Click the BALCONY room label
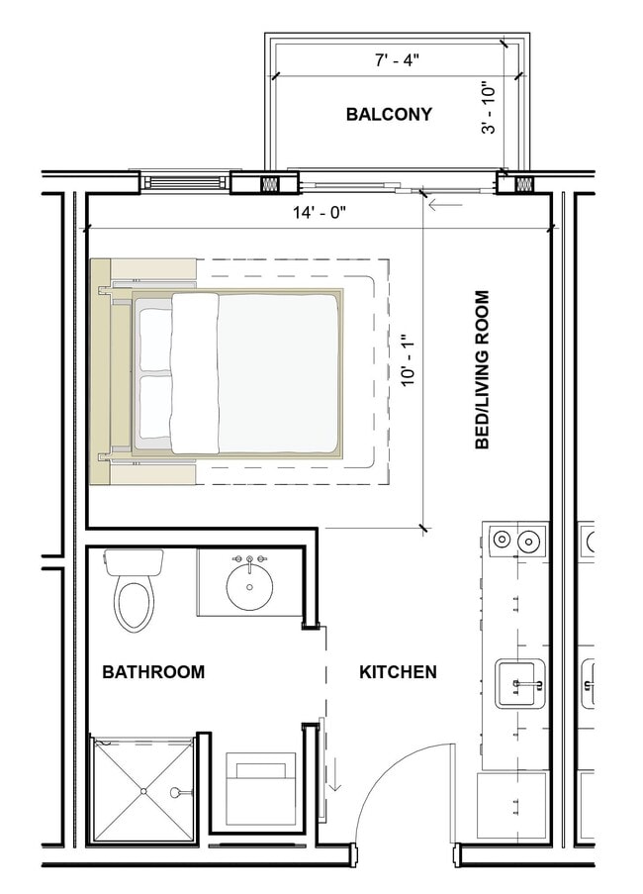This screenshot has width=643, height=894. point(389,114)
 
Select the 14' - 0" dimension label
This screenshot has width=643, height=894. point(319,212)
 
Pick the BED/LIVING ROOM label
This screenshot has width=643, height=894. point(483,369)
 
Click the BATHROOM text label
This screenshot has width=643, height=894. point(153,672)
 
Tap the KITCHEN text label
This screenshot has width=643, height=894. point(398,672)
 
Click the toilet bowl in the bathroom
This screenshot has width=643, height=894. point(133,602)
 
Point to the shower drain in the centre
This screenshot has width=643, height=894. point(143,790)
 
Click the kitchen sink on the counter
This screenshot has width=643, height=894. point(518,683)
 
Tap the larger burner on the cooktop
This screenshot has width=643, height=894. point(530,541)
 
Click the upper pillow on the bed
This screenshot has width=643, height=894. point(154,337)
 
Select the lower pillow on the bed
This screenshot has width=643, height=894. point(154,408)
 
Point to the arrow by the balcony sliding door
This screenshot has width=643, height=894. point(443,207)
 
